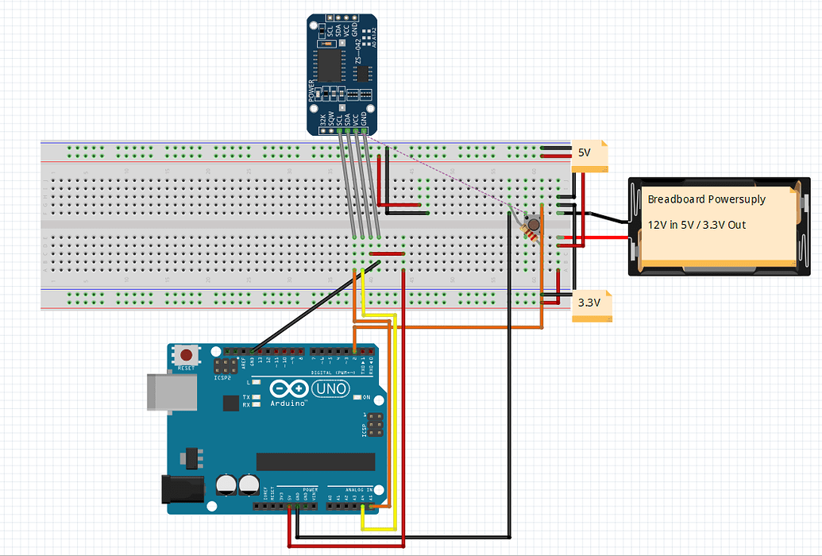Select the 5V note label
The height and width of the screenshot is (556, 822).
585,153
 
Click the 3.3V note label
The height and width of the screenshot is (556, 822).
589,303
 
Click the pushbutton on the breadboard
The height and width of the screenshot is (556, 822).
533,225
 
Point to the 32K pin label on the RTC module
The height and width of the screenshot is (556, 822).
322,121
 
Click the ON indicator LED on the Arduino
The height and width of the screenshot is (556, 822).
357,396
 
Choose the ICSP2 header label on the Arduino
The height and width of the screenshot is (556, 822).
223,378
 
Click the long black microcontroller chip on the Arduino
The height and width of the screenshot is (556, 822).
315,461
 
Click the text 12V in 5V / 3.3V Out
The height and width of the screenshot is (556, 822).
697,225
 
